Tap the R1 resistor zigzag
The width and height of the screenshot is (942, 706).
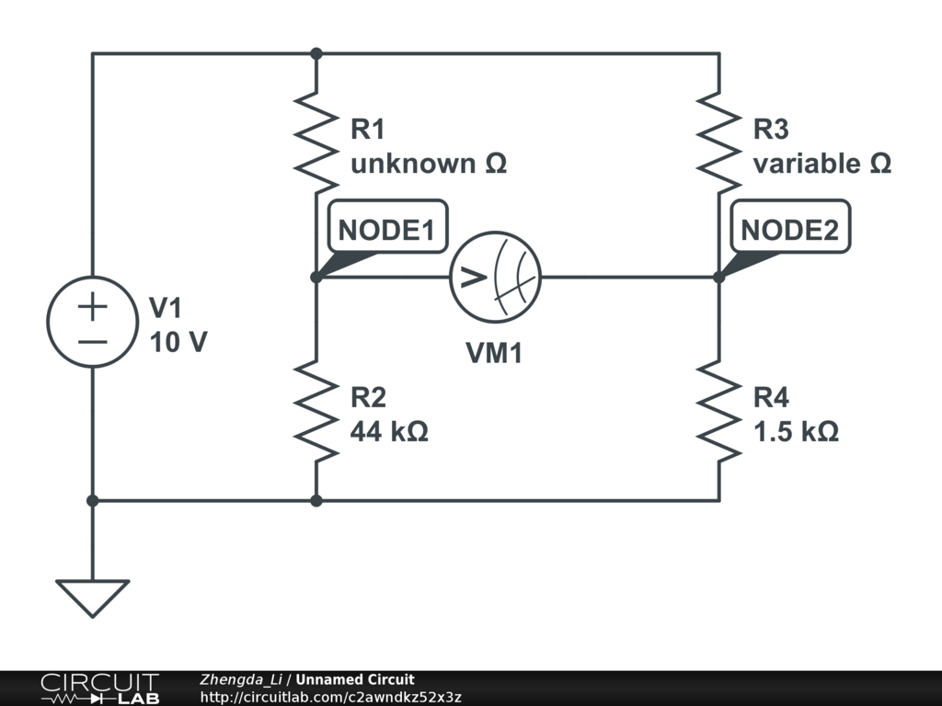pyautogui.click(x=316, y=142)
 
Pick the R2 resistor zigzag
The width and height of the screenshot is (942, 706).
pyautogui.click(x=316, y=411)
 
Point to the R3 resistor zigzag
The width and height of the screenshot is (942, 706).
pyautogui.click(x=719, y=142)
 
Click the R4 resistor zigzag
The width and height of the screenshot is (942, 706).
pyautogui.click(x=719, y=411)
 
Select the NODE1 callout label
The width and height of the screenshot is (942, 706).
pyautogui.click(x=387, y=227)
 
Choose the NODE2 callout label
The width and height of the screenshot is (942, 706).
pyautogui.click(x=790, y=227)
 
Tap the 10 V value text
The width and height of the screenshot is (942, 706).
pyautogui.click(x=178, y=343)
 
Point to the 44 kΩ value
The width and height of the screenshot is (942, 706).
pyautogui.click(x=389, y=431)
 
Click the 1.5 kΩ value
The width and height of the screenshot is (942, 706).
pyautogui.click(x=796, y=431)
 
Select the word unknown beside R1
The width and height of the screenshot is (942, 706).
pyautogui.click(x=413, y=164)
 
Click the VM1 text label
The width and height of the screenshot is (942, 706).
pyautogui.click(x=494, y=353)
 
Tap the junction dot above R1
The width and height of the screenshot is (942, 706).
pyautogui.click(x=316, y=54)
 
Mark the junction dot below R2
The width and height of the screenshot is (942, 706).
pyautogui.click(x=316, y=500)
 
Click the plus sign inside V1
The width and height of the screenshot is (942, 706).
pyautogui.click(x=93, y=307)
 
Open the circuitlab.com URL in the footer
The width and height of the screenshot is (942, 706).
pyautogui.click(x=330, y=697)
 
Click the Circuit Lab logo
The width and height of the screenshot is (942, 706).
pyautogui.click(x=99, y=689)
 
